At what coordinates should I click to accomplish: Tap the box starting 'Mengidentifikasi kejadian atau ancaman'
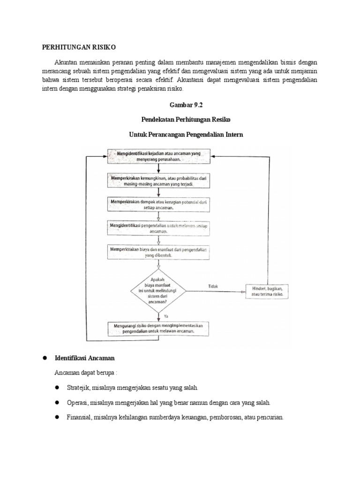160,155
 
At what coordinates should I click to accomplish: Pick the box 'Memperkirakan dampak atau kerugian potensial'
160,204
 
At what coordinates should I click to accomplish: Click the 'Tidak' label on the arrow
212,286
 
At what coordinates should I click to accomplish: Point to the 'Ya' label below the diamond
166,316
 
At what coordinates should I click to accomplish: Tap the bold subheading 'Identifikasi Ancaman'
84,358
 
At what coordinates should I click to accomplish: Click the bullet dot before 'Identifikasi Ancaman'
46,358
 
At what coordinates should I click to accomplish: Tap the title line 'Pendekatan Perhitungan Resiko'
180,120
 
